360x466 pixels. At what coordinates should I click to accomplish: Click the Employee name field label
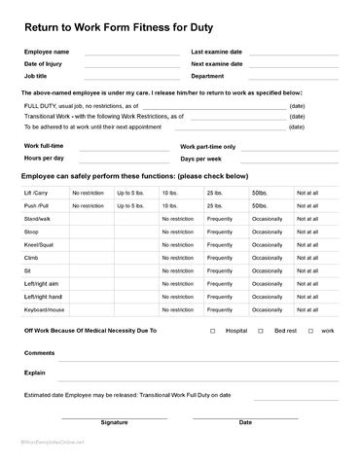pos(46,51)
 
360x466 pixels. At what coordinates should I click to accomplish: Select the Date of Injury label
pos(45,63)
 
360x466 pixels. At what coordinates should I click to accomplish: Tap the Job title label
pos(36,75)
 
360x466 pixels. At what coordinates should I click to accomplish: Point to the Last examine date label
pos(216,51)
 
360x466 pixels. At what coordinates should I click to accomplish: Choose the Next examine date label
pos(216,63)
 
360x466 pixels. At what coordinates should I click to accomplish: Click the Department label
pos(207,75)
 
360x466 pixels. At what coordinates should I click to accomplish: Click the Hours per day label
pos(44,157)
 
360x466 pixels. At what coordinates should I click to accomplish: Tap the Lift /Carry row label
pos(35,193)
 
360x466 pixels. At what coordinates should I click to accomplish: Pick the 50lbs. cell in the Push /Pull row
pos(261,206)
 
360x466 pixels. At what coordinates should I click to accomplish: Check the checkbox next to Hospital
pos(212,331)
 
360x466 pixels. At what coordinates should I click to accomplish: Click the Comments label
pos(39,352)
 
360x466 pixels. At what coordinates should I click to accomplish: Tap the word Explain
pos(35,372)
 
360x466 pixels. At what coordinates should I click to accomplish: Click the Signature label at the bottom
pos(114,422)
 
